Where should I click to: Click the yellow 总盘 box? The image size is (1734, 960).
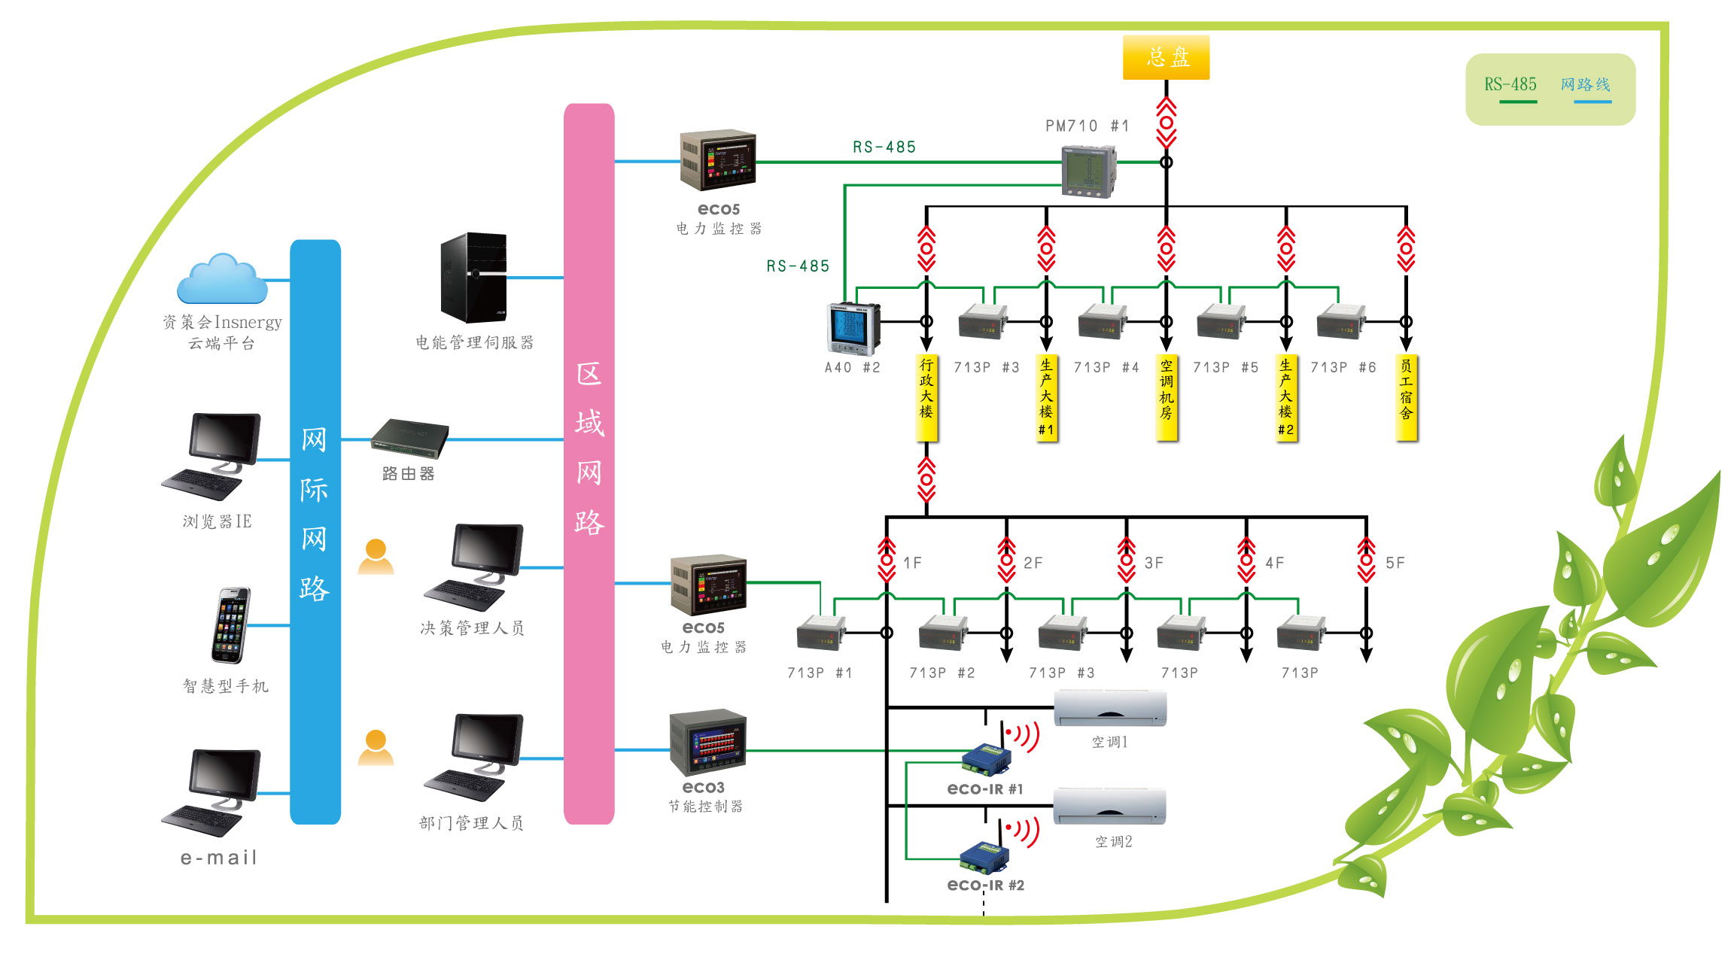[1166, 57]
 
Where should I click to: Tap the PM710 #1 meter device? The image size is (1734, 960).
[1088, 172]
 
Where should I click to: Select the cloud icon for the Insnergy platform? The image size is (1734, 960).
[222, 278]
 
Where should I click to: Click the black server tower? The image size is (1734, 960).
[473, 278]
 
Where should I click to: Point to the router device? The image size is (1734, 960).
[409, 439]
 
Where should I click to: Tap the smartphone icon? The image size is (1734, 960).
[230, 626]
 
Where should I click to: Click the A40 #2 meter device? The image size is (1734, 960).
[853, 329]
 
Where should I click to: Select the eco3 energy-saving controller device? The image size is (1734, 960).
[707, 743]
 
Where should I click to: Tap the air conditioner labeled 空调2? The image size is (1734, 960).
[1110, 807]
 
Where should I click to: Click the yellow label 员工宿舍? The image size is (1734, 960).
[1406, 397]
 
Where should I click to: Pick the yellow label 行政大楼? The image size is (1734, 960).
[926, 397]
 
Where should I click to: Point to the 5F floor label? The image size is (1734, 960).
[1395, 563]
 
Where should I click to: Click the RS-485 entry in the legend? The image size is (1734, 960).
[1510, 84]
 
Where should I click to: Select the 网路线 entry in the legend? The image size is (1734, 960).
[1586, 84]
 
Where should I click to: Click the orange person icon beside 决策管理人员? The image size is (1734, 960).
[376, 557]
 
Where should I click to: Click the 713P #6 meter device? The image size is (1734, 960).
[1341, 322]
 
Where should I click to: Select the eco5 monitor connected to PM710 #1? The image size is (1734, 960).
[718, 159]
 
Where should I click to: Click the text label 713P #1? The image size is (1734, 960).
[820, 673]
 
